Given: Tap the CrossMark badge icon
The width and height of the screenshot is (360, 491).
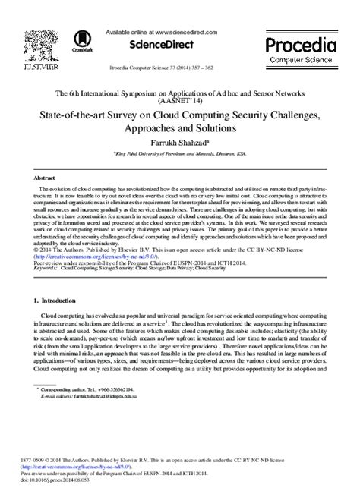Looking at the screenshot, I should tap(81, 39).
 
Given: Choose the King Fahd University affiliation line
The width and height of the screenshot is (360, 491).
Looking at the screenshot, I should tap(179, 153).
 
